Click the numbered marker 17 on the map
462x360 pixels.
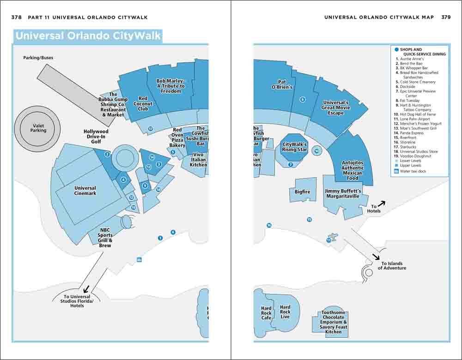[150, 129]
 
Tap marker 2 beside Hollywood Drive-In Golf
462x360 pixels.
[107, 155]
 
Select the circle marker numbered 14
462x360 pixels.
[152, 157]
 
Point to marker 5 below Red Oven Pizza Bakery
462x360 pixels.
[173, 152]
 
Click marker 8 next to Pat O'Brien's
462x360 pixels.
[303, 99]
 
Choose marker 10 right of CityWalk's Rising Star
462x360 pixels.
[316, 150]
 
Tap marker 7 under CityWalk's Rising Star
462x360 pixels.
[291, 164]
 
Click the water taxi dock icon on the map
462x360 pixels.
[139, 260]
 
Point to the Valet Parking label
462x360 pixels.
[38, 128]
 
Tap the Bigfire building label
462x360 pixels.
[303, 192]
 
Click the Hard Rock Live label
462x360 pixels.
[285, 312]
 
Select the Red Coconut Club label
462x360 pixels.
[143, 103]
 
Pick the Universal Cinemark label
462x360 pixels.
[85, 191]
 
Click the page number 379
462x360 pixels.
[446, 17]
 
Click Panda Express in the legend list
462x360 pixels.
[412, 133]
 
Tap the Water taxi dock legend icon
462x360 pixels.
[396, 171]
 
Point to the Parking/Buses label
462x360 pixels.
[38, 58]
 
